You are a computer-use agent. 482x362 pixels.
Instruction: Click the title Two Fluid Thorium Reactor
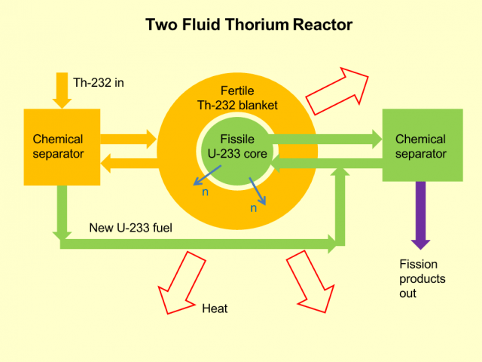(249, 25)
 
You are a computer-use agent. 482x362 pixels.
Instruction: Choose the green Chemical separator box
(421, 146)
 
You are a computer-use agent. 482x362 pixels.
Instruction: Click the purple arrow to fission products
(420, 215)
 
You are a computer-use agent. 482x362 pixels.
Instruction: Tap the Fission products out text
(422, 278)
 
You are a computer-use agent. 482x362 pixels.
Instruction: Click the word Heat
(215, 308)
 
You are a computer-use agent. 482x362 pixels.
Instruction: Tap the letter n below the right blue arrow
(254, 208)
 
